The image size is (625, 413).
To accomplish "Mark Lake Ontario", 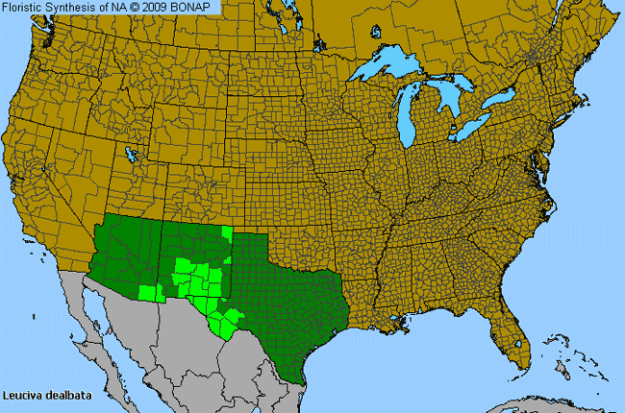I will click(x=502, y=100).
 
